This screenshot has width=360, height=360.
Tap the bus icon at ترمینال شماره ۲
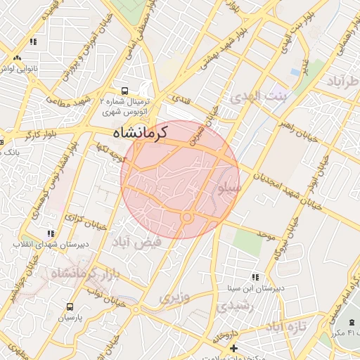click(x=124, y=91)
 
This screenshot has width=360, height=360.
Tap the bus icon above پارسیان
click(x=70, y=307)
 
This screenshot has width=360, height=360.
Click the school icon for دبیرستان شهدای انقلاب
click(x=50, y=233)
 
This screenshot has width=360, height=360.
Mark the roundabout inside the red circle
click(x=187, y=218)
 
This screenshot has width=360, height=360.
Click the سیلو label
click(x=231, y=188)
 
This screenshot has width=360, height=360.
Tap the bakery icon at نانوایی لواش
click(x=18, y=60)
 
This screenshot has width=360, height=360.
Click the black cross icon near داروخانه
click(x=233, y=347)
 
